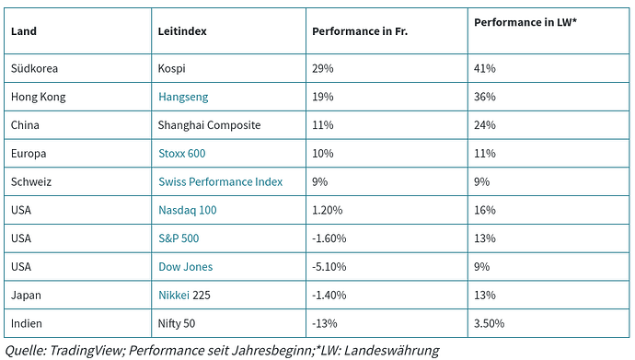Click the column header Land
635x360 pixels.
tap(24, 31)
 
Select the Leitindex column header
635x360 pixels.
tap(182, 31)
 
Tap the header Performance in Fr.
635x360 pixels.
tap(359, 31)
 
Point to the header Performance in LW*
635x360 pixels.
tap(525, 21)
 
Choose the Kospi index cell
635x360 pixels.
tap(173, 68)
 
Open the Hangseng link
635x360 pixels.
tap(184, 97)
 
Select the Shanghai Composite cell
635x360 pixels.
tap(209, 125)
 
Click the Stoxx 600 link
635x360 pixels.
tap(182, 154)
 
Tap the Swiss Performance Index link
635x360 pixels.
tap(220, 182)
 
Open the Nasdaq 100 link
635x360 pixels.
tap(188, 211)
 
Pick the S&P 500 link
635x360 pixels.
tap(179, 238)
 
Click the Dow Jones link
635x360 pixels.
tap(185, 267)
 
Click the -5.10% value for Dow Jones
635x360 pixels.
tap(331, 267)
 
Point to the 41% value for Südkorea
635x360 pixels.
tap(485, 68)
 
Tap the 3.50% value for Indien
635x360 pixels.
tap(489, 324)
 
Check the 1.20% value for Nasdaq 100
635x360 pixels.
tap(329, 211)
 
